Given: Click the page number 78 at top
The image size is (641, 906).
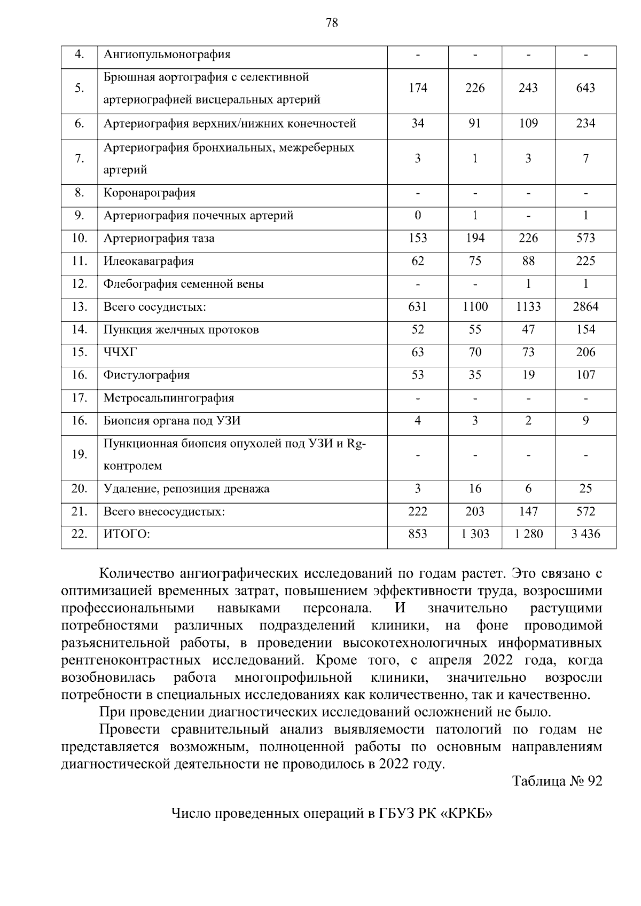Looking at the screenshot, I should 331,22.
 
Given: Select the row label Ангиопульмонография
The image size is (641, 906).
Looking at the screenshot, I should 167,54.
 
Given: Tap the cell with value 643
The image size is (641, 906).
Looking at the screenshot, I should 585,88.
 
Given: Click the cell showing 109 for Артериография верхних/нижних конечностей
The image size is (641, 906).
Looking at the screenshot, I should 528,124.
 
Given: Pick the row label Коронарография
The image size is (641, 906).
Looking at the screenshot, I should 150,193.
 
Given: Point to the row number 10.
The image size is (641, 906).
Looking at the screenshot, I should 79,238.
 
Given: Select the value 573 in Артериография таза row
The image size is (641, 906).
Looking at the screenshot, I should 585,238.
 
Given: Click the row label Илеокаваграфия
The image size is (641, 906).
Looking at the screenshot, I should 148,261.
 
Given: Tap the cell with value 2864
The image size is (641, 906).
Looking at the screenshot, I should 585,307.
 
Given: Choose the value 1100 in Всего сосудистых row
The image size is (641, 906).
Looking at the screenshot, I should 474,307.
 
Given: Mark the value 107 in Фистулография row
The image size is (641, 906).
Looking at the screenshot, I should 585,375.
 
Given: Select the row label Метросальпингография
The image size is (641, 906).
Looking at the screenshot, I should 169,398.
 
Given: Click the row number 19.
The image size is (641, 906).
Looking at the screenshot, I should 79,454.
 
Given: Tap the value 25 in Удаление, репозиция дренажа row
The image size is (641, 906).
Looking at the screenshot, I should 585,489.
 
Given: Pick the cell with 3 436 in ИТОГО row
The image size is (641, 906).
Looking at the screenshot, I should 585,534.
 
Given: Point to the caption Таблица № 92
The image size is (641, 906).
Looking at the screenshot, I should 557,781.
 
